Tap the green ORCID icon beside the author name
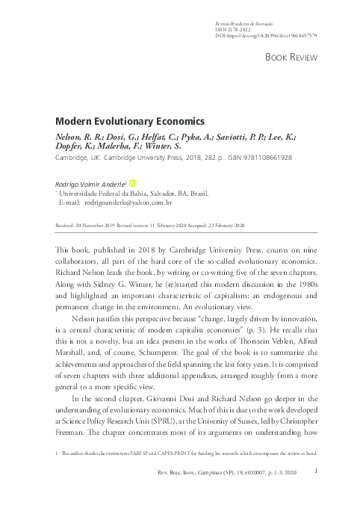pos(134,182)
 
